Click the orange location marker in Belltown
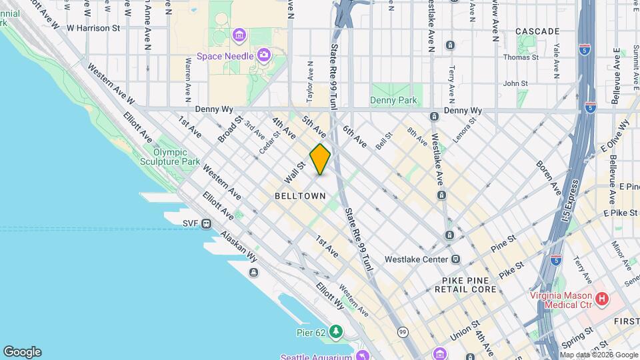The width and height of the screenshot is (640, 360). [320, 159]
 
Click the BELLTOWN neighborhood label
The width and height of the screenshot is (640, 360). [300, 196]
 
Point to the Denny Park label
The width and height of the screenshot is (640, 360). [393, 101]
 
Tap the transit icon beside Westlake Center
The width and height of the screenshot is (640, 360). [455, 259]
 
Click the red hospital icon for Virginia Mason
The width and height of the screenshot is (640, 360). [602, 299]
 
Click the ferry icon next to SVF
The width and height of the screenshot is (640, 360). [207, 223]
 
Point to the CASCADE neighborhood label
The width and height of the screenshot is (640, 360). [537, 31]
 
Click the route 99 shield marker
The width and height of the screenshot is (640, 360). [402, 331]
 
